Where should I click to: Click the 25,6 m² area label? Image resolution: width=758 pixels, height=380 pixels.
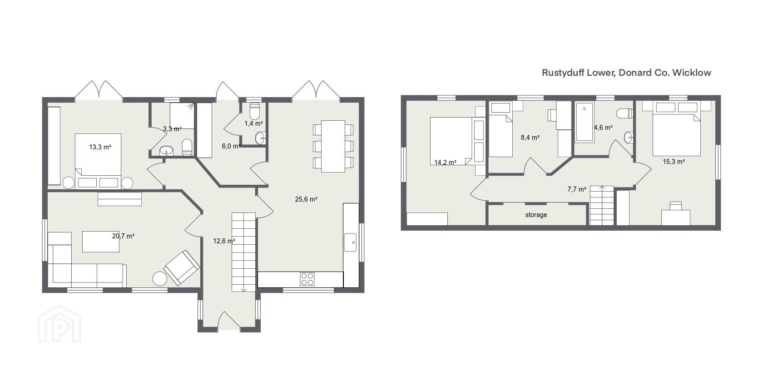pos(306,199)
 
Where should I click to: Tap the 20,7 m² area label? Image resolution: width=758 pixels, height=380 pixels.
pos(123,236)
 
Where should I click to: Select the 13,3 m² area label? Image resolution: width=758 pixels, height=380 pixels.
pos(100,147)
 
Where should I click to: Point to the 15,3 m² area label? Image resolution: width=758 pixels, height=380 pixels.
pos(674,162)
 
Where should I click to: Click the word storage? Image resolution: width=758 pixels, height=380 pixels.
pos(536,215)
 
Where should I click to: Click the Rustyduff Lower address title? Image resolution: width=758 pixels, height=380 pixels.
pos(626,72)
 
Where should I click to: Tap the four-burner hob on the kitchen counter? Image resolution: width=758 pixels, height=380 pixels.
pos(307,279)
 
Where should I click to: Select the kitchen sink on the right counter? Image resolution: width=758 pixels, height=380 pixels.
pos(350,242)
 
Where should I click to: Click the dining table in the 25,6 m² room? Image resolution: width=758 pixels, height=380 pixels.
pos(333,146)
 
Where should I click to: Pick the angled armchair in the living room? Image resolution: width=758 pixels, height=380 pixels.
pos(181,267)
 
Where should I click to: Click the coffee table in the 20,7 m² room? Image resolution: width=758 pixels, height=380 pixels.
pos(101,241)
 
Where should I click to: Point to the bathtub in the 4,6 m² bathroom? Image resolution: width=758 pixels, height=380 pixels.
pos(585,122)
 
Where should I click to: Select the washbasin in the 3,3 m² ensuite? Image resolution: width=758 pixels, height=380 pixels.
pos(166,151)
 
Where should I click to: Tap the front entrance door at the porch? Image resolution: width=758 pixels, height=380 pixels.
pos(229,321)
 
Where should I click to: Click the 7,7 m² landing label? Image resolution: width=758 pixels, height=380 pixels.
pos(577,189)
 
